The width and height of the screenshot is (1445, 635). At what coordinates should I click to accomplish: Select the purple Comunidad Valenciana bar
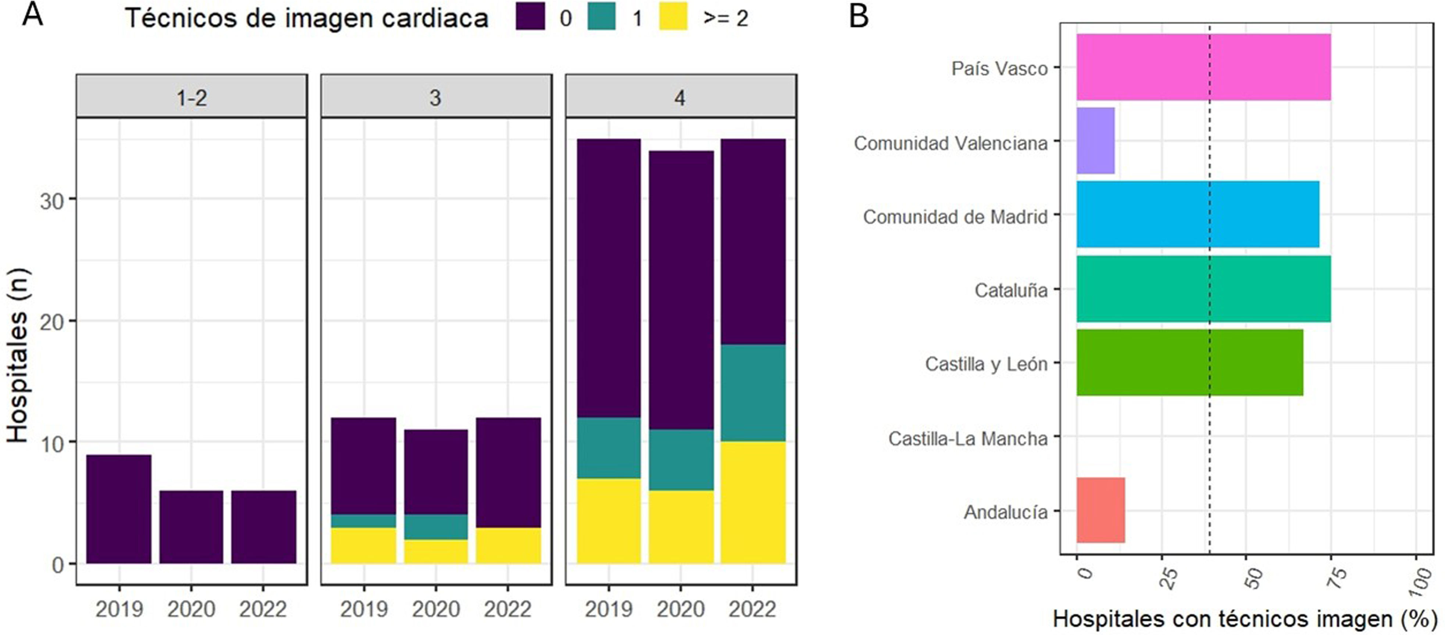click(1095, 141)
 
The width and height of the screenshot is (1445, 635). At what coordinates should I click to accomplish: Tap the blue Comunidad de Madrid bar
click(1197, 214)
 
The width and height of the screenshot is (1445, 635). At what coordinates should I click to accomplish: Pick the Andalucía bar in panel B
click(1100, 510)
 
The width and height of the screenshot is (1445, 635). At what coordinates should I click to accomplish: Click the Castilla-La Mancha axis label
click(968, 438)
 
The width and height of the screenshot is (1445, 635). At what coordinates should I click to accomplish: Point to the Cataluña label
click(1010, 290)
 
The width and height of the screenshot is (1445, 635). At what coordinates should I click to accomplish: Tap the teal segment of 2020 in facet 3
click(436, 527)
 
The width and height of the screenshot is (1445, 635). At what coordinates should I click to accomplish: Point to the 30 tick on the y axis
click(51, 201)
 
